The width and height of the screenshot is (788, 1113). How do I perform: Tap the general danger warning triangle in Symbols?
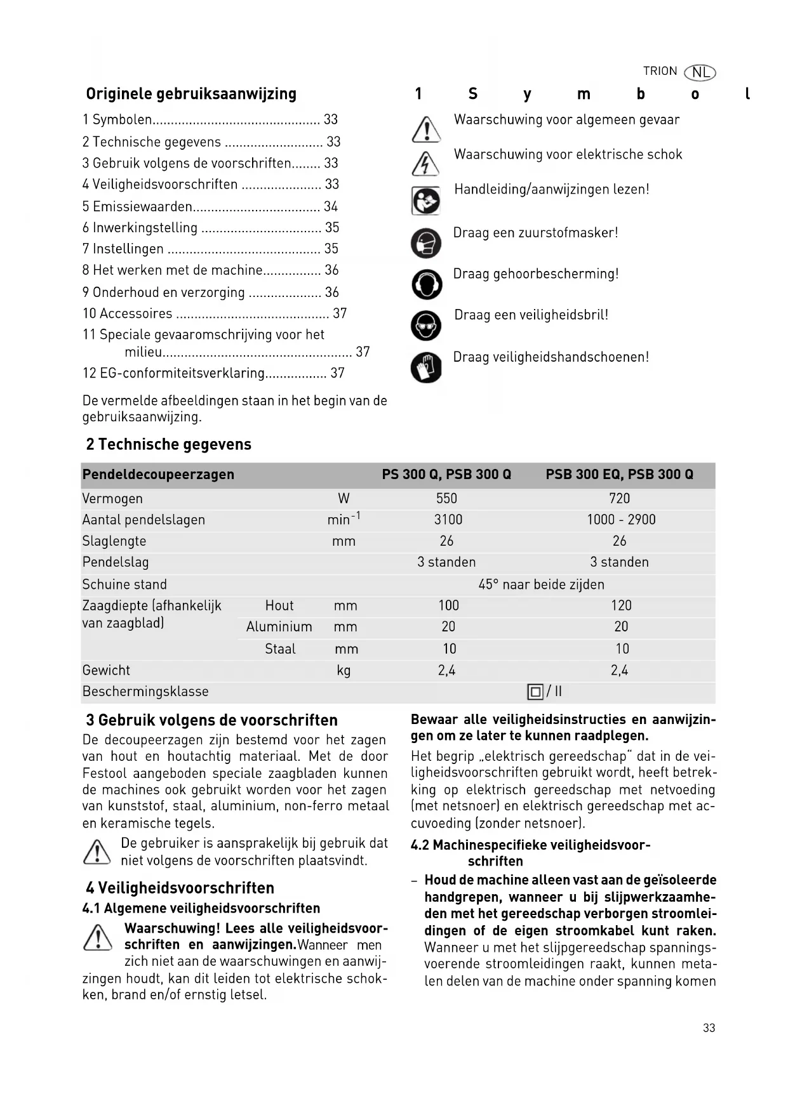(x=426, y=129)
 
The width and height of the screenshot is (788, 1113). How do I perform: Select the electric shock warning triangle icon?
(x=425, y=164)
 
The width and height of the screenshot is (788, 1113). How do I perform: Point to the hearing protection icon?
(x=426, y=284)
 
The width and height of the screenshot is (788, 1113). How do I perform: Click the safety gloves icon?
(x=426, y=367)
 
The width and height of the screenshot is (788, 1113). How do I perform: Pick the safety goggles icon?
(x=426, y=326)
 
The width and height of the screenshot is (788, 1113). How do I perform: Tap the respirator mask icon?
(x=426, y=242)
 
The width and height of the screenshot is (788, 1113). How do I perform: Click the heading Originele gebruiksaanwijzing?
(x=191, y=94)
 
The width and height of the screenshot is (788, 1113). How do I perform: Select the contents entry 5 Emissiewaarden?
(x=137, y=206)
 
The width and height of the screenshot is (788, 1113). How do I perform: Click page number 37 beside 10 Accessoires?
(x=340, y=313)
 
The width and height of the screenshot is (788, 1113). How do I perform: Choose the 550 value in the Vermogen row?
(x=446, y=499)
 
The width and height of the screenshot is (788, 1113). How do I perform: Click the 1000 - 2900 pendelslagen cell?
(x=620, y=520)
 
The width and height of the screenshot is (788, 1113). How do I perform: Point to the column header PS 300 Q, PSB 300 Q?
(x=446, y=475)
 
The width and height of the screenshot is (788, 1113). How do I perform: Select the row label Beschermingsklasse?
(x=145, y=692)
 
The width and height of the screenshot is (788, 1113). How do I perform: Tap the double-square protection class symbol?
(x=535, y=692)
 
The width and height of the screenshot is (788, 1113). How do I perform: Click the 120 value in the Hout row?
(x=620, y=606)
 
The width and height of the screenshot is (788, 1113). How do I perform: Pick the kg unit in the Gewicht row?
(x=344, y=671)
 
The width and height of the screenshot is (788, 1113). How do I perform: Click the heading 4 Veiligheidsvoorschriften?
(x=180, y=888)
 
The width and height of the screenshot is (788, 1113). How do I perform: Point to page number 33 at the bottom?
(x=709, y=1028)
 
